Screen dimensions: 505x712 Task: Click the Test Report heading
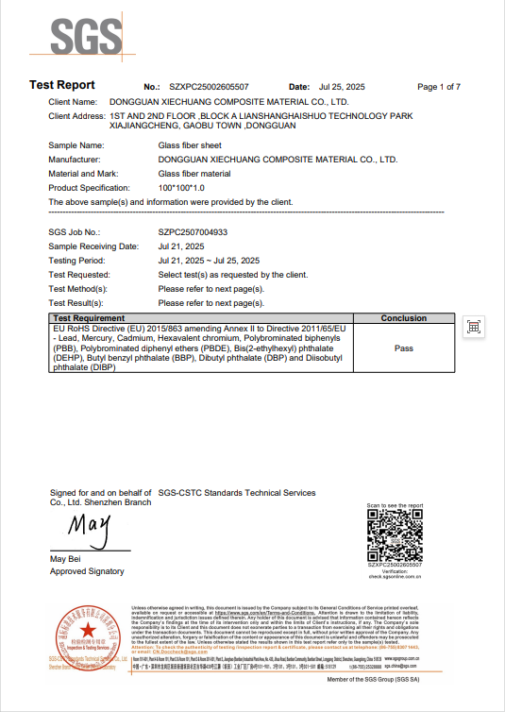[x=62, y=86]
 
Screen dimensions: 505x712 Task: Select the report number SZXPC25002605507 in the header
[x=210, y=87]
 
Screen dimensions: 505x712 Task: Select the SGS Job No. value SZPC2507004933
[x=193, y=231]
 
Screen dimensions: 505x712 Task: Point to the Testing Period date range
[x=209, y=260]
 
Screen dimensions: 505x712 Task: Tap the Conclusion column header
[x=403, y=319]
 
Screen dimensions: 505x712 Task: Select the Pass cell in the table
[x=403, y=348]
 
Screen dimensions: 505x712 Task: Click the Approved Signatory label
[x=87, y=571]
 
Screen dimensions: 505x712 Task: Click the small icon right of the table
[x=475, y=327]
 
